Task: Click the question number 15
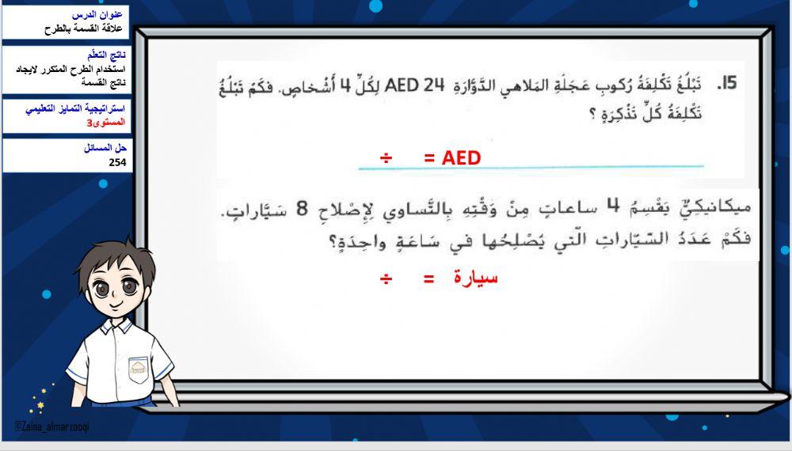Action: point(726,83)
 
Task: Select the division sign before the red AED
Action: point(386,158)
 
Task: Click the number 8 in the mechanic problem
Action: point(301,209)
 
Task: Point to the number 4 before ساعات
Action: point(612,207)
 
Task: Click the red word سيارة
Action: point(476,278)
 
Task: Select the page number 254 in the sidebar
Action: point(117,163)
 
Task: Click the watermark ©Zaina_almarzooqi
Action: point(51,426)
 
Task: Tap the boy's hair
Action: point(119,253)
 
